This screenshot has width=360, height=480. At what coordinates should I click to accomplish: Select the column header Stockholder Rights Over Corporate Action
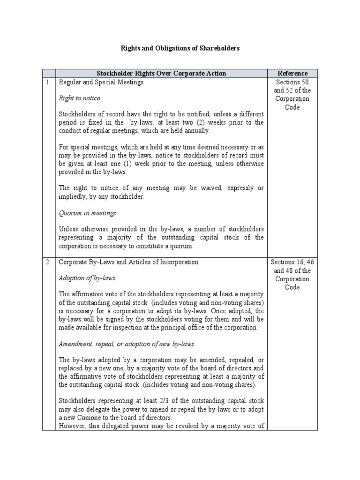pyautogui.click(x=161, y=73)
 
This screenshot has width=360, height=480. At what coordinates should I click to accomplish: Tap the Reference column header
pyautogui.click(x=292, y=73)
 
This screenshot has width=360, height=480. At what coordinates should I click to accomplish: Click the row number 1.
pyautogui.click(x=48, y=82)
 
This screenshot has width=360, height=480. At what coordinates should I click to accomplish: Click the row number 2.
pyautogui.click(x=48, y=262)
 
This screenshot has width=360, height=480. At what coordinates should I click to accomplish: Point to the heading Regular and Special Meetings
pyautogui.click(x=101, y=82)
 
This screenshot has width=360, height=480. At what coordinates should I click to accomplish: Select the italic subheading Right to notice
pyautogui.click(x=79, y=98)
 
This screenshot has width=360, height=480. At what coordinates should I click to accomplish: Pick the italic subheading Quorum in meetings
pyautogui.click(x=87, y=213)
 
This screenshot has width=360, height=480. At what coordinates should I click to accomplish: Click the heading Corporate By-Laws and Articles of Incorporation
pyautogui.click(x=128, y=262)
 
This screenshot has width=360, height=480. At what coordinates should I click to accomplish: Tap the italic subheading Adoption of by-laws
pyautogui.click(x=87, y=278)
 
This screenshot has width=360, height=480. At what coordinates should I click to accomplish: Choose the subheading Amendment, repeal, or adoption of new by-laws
pyautogui.click(x=126, y=344)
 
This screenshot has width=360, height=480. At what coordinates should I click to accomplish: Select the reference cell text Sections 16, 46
pyautogui.click(x=292, y=262)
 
